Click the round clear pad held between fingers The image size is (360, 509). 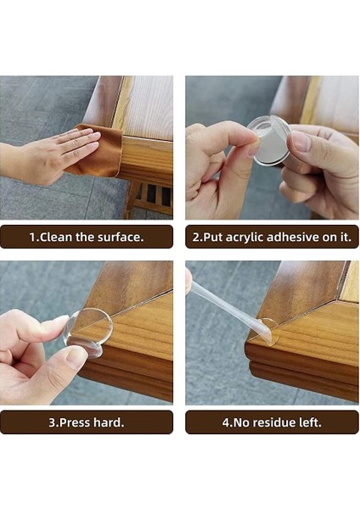[268, 140]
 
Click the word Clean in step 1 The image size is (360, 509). [56, 237]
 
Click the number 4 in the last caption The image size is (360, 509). [226, 422]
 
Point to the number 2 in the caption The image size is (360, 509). [195, 238]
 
